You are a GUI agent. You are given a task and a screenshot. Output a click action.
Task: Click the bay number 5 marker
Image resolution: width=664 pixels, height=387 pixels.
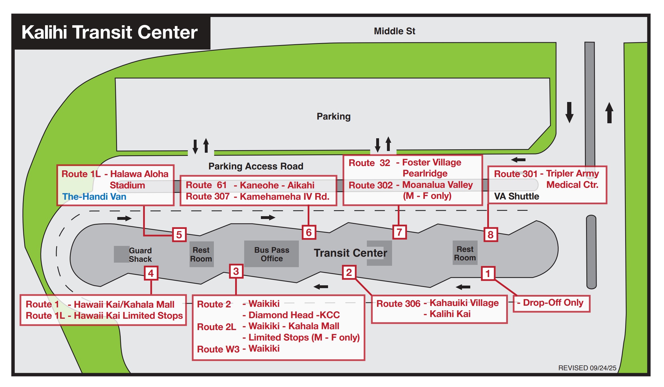179,235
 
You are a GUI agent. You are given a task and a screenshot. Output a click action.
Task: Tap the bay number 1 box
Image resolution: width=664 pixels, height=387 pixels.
488,274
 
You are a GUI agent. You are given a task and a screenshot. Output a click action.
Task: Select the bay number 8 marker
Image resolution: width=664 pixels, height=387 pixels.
491,235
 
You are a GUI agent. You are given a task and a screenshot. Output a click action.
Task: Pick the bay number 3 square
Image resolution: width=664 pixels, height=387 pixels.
236,271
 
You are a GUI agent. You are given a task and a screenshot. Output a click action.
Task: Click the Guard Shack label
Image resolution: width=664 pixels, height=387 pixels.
140,255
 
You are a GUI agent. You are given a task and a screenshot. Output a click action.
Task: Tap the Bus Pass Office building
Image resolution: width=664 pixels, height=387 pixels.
271,254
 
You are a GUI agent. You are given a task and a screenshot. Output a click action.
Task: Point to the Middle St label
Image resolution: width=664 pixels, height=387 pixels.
394,31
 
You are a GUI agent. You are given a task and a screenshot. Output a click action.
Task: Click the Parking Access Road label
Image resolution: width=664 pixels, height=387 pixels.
256,166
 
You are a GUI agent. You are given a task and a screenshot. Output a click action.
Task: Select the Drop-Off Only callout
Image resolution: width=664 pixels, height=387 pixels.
552,303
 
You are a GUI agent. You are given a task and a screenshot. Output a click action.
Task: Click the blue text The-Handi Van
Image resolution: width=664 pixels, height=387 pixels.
94,197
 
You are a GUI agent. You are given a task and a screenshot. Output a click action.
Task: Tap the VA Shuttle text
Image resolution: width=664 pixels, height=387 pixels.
516,196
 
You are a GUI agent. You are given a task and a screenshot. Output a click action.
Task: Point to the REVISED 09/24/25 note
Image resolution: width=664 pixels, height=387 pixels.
587,368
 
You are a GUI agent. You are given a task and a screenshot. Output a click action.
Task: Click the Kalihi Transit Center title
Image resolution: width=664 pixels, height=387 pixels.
110,32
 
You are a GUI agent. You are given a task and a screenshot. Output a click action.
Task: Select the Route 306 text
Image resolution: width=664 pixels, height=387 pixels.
398,304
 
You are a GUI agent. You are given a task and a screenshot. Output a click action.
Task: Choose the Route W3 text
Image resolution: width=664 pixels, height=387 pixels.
218,349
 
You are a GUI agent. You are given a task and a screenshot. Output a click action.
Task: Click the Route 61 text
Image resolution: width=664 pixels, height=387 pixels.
206,185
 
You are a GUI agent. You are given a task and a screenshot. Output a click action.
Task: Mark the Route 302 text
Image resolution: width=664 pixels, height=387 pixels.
371,185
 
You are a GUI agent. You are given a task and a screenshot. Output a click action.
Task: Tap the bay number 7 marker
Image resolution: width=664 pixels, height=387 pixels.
399,232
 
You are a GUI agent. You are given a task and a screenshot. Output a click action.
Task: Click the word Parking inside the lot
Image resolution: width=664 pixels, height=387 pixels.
333,116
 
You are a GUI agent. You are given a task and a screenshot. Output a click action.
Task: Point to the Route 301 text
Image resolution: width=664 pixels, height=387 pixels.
516,174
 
